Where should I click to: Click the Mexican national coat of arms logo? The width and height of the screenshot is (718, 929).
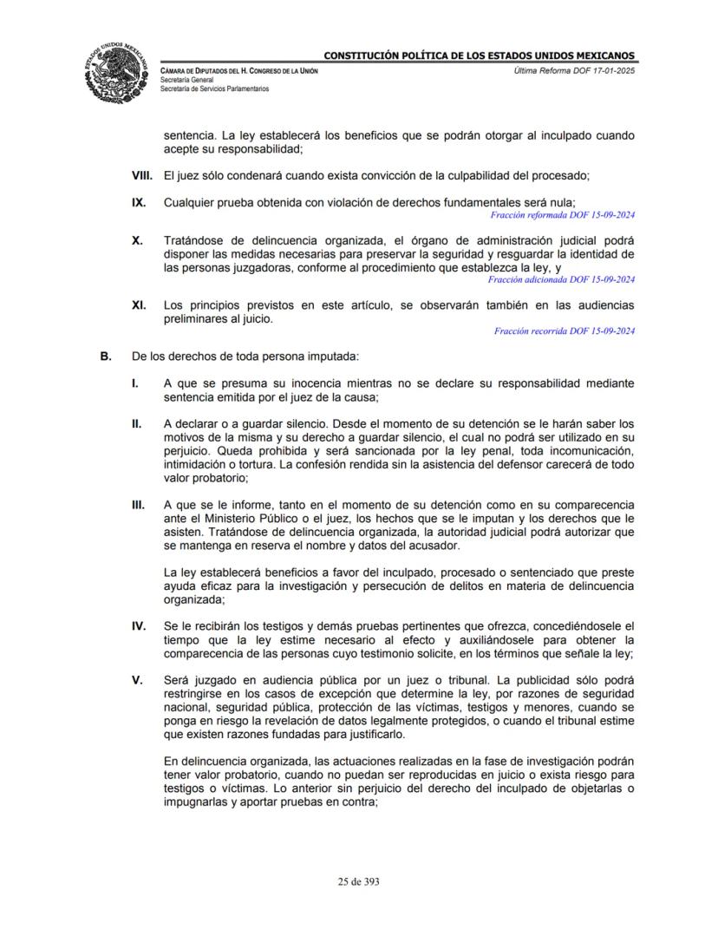pyautogui.click(x=119, y=69)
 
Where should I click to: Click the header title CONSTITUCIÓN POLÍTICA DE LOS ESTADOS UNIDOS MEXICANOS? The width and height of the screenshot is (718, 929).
pyautogui.click(x=480, y=56)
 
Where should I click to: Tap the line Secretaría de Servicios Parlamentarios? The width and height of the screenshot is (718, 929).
pyautogui.click(x=214, y=88)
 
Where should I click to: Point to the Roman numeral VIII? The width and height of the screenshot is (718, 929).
pyautogui.click(x=142, y=176)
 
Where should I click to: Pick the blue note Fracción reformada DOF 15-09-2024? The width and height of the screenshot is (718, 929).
pyautogui.click(x=563, y=213)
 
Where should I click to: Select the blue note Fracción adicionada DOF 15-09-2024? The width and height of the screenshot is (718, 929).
pyautogui.click(x=562, y=279)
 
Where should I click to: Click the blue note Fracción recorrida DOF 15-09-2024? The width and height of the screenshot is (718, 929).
pyautogui.click(x=565, y=330)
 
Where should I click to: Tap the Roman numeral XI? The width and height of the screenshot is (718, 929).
pyautogui.click(x=138, y=305)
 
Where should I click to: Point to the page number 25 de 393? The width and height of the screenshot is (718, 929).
pyautogui.click(x=359, y=881)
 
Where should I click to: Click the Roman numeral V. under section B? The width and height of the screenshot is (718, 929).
pyautogui.click(x=136, y=680)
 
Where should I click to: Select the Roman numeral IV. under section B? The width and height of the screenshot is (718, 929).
pyautogui.click(x=138, y=625)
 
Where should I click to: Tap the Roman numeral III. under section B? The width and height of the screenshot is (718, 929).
pyautogui.click(x=138, y=504)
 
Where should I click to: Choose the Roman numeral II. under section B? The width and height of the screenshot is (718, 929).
pyautogui.click(x=136, y=423)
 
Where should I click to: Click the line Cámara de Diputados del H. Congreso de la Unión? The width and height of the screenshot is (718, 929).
pyautogui.click(x=238, y=69)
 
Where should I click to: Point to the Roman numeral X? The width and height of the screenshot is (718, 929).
pyautogui.click(x=137, y=240)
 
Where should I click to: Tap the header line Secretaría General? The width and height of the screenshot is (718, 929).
pyautogui.click(x=188, y=79)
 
